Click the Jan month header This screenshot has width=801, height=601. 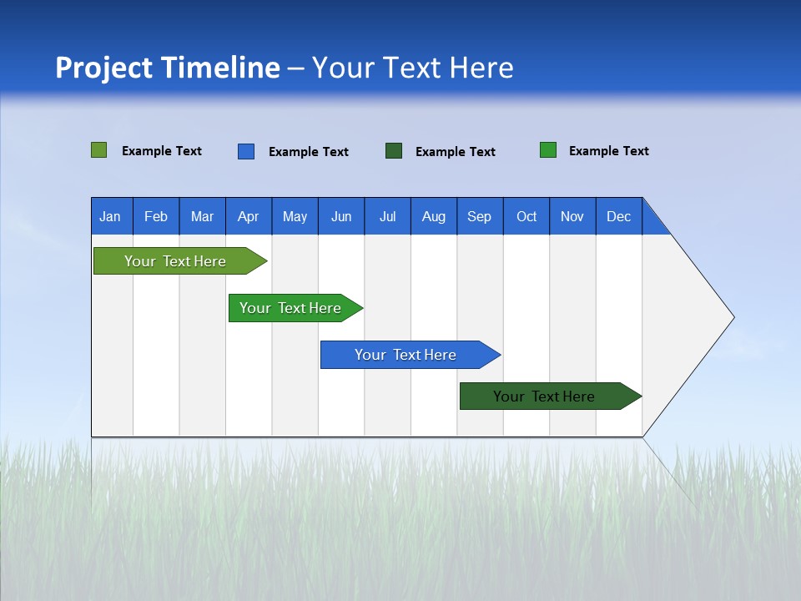coord(110,216)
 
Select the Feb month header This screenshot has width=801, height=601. coord(156,216)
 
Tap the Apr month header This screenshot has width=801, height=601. coord(248,216)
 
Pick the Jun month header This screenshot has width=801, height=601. coord(341,216)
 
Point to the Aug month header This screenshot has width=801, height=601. coord(433,216)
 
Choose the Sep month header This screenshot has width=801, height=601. coord(479,216)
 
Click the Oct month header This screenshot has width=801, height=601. coord(526,216)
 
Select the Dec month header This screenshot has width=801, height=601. coord(618,216)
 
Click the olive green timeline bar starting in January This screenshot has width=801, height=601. coord(175,261)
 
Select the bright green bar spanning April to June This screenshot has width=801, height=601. coord(290,308)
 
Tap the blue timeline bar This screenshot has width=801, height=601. coord(406,355)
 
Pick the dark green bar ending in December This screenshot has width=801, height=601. coord(544,396)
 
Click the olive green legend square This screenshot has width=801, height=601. coord(98,150)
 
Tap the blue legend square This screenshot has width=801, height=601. coord(245,151)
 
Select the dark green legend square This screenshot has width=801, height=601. coord(393,151)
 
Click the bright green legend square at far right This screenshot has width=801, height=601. coord(547,150)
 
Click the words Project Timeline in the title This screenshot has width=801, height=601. coord(167,68)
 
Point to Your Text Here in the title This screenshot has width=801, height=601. coord(412,68)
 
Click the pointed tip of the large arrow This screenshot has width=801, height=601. coord(731,317)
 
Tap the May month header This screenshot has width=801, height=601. coord(295,216)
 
